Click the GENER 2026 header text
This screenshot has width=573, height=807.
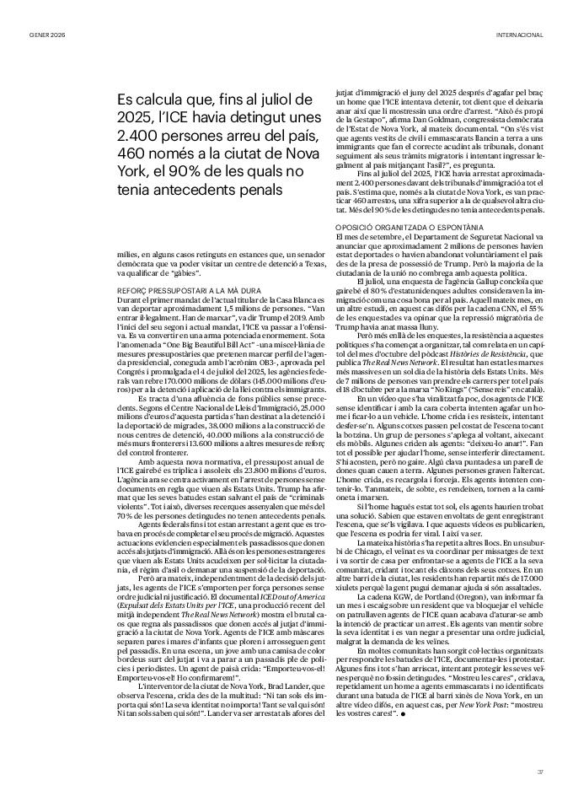click(47, 35)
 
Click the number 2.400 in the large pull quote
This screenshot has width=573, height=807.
click(140, 137)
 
